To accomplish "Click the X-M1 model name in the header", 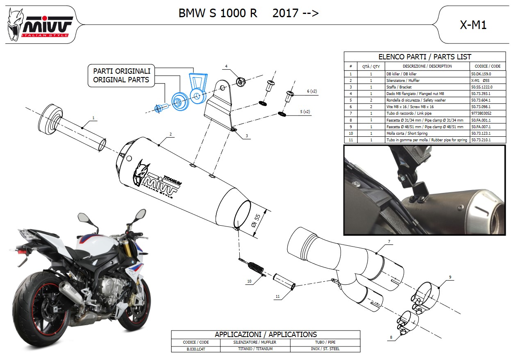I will click(473, 25).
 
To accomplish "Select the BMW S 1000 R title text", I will click(218, 14).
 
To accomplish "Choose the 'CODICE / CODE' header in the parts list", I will click(487, 66).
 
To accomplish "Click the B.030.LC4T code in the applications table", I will click(195, 349).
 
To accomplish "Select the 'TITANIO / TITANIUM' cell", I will click(255, 349).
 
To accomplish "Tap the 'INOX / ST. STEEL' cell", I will click(325, 349).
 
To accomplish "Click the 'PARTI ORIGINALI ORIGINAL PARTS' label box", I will click(121, 75).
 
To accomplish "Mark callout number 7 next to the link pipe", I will click(389, 242).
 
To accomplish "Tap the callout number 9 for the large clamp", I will click(450, 277).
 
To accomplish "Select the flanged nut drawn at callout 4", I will click(241, 81).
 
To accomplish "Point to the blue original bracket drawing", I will click(197, 86).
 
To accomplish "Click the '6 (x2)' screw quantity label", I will click(312, 91).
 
